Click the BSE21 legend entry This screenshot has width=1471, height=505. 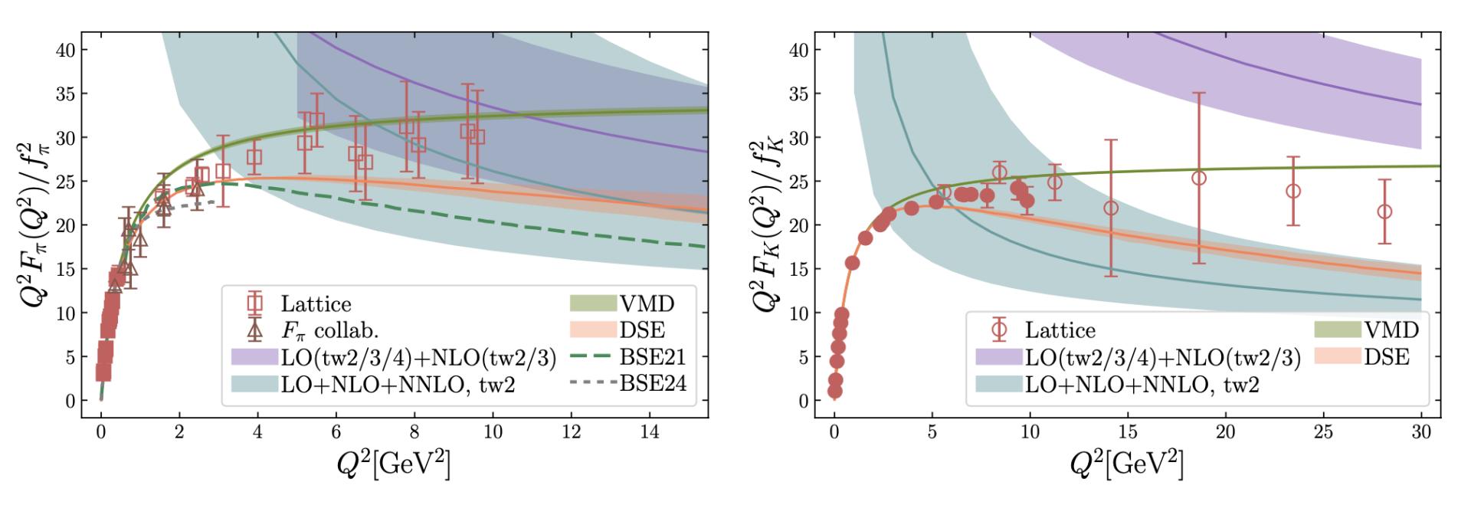coord(652,357)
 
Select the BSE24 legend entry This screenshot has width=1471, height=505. coord(652,382)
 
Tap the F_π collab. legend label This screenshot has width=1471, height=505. coord(329,331)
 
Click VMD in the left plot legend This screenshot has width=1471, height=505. coord(646,303)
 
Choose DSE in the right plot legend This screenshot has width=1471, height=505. coord(1386,356)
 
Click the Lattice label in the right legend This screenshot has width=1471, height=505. coord(1060,330)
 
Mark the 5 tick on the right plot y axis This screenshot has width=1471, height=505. coord(804,357)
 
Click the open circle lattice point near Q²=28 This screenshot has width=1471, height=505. coord(1384,212)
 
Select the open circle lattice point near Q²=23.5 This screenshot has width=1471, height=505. coord(1293,191)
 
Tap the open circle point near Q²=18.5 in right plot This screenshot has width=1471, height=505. coord(1199,178)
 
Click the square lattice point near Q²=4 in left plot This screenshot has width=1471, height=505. coord(254,157)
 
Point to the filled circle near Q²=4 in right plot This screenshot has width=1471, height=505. coord(911,208)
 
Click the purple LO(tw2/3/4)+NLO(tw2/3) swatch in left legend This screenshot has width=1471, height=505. coord(254,358)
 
